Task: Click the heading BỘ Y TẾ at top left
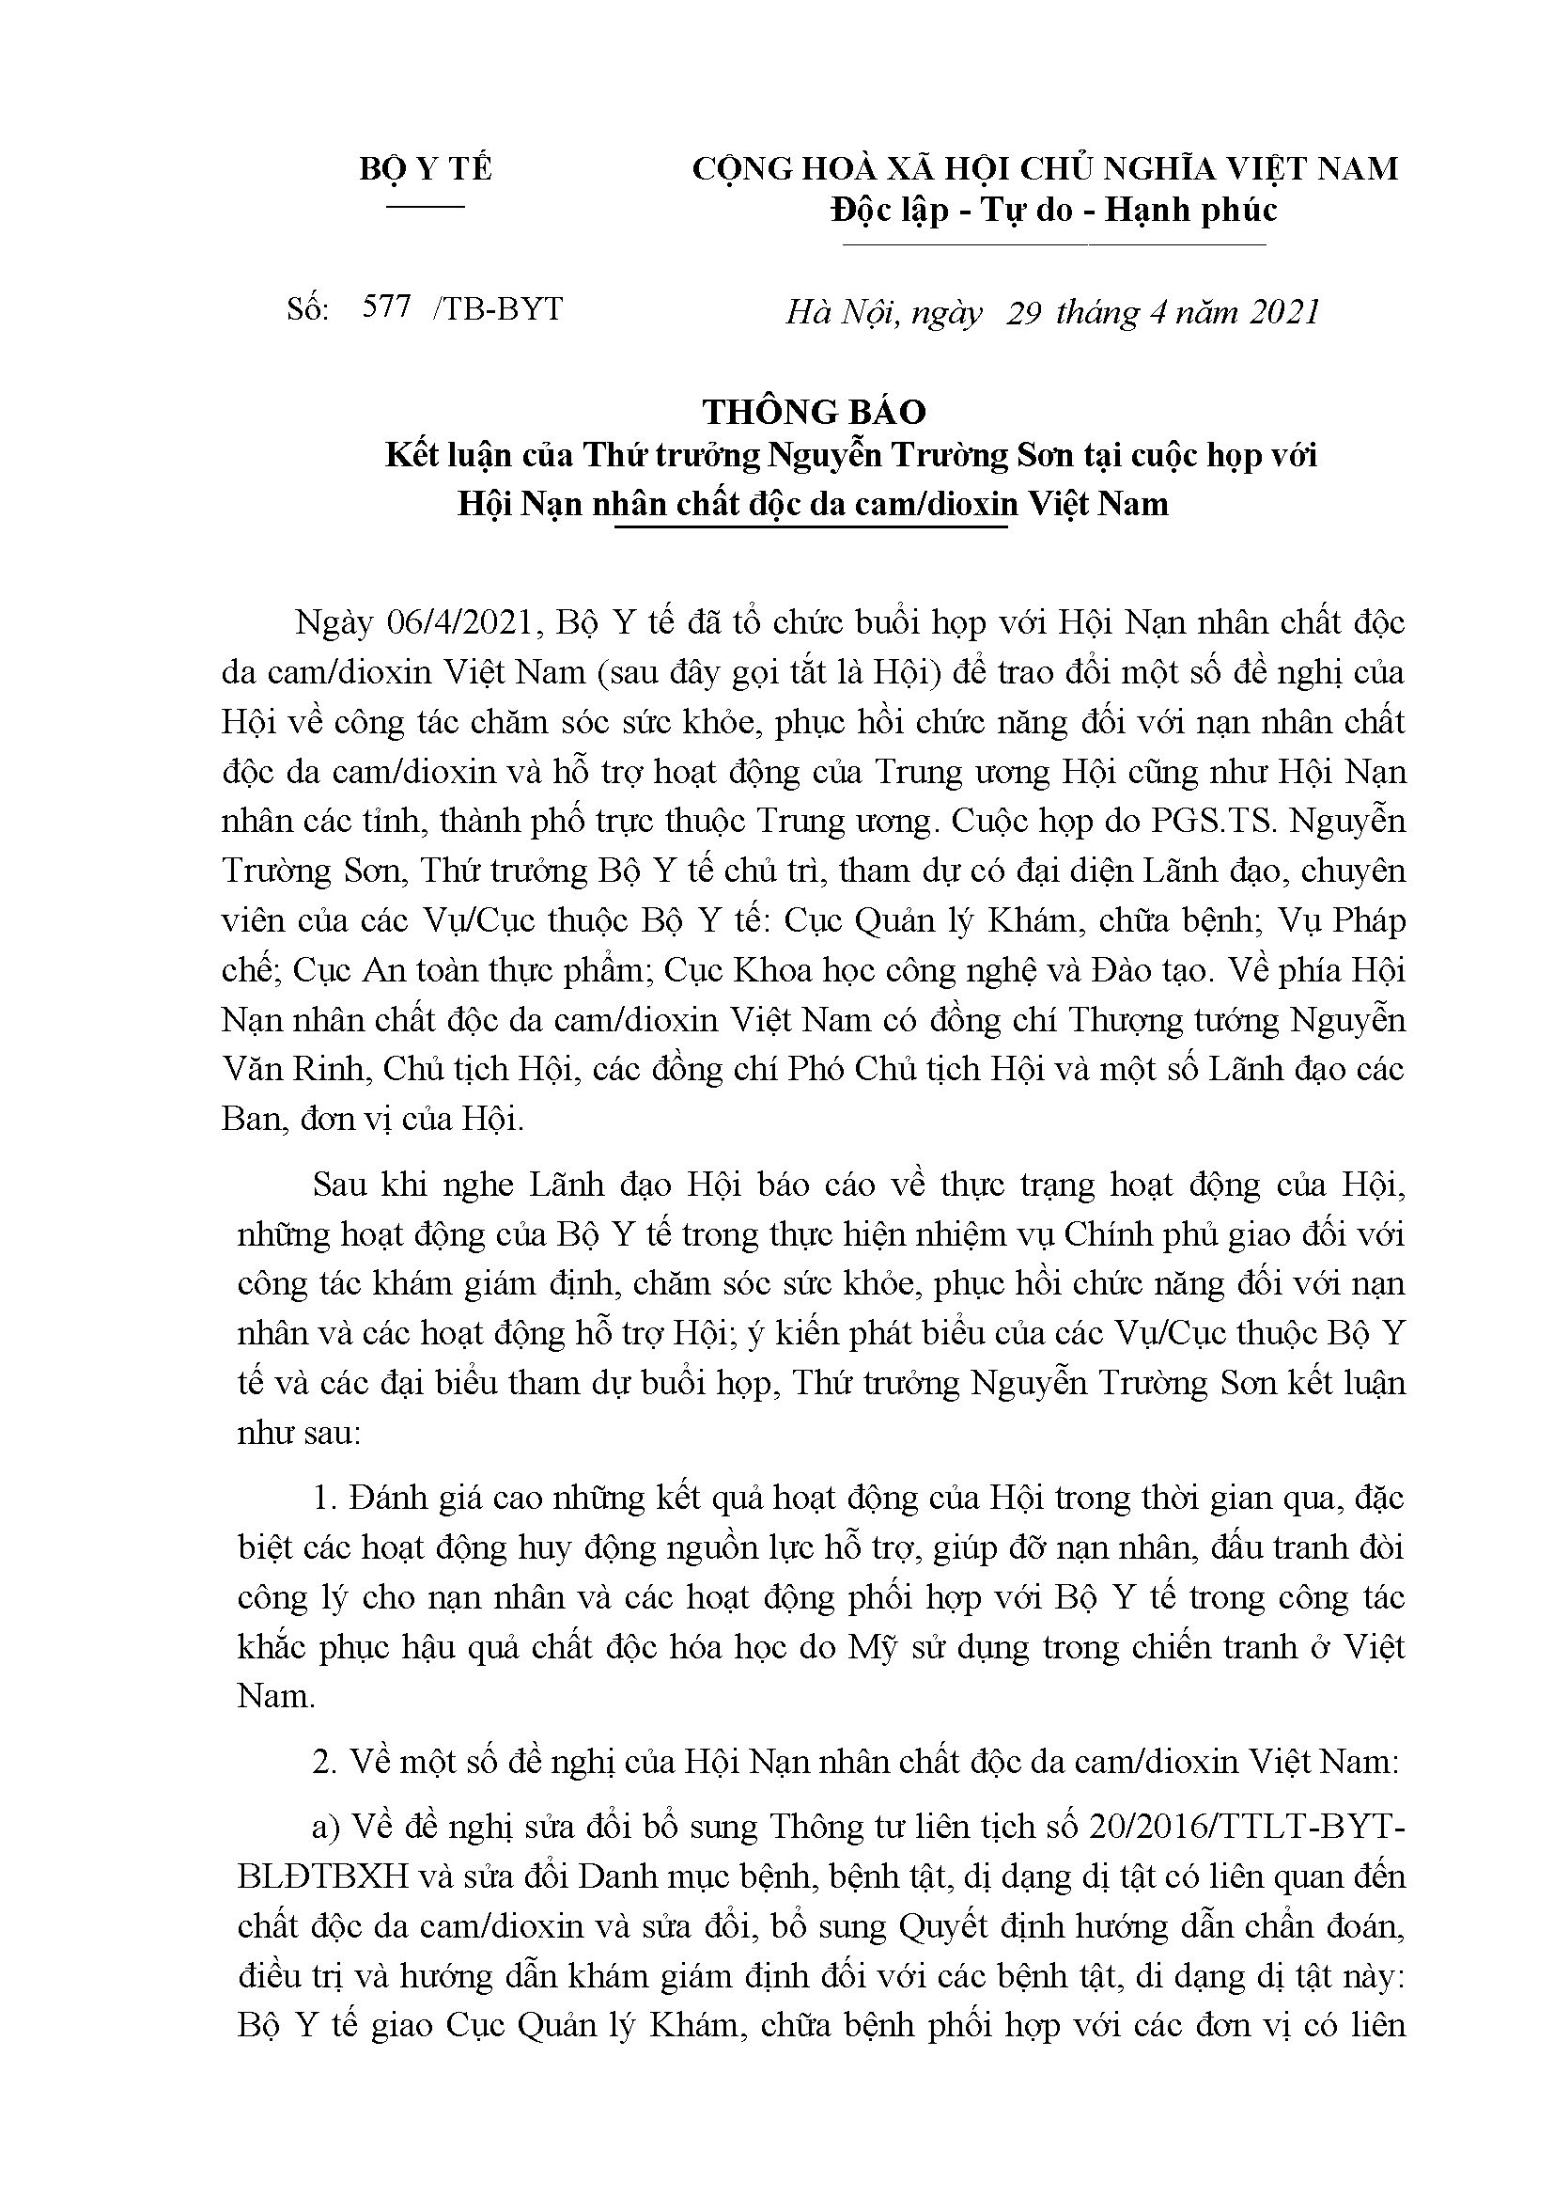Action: pyautogui.click(x=425, y=169)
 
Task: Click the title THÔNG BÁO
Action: pyautogui.click(x=815, y=412)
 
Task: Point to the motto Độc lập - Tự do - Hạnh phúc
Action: pyautogui.click(x=1053, y=210)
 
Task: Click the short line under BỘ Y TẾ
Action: pyautogui.click(x=425, y=205)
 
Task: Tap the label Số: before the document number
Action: pyautogui.click(x=307, y=308)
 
